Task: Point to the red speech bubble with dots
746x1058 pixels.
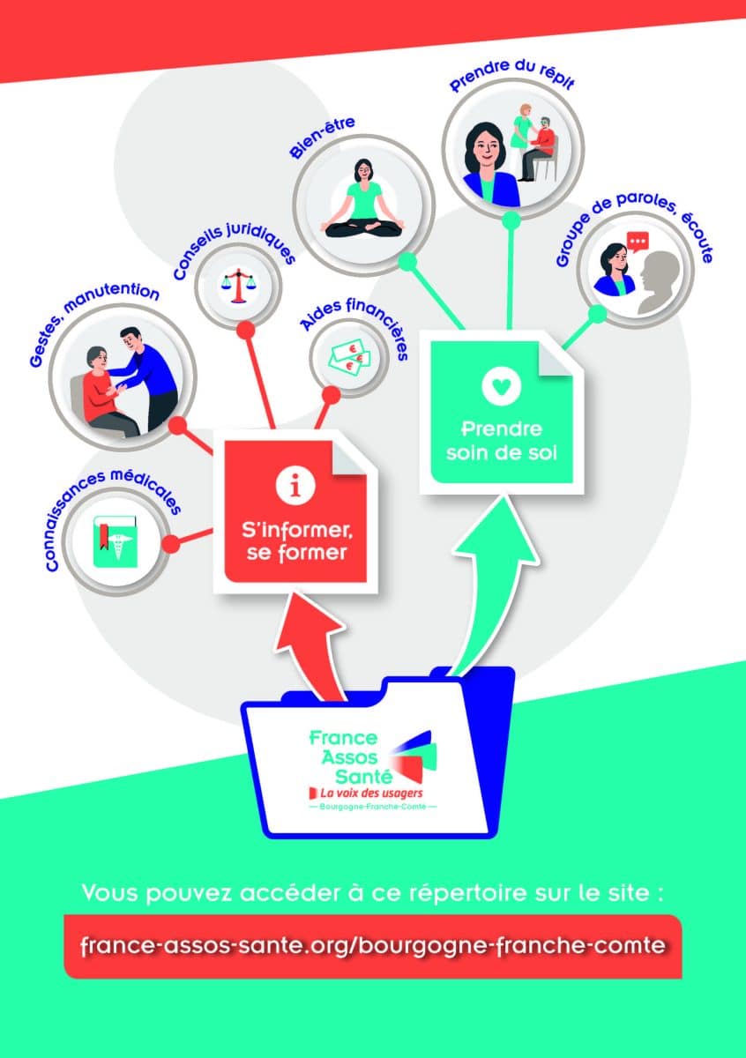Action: pyautogui.click(x=638, y=242)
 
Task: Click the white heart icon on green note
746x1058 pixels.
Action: pyautogui.click(x=501, y=386)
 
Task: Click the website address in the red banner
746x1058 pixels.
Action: pyautogui.click(x=372, y=945)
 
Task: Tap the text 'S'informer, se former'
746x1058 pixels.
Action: pyautogui.click(x=295, y=541)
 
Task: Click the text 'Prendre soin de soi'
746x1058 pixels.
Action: pyautogui.click(x=501, y=441)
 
